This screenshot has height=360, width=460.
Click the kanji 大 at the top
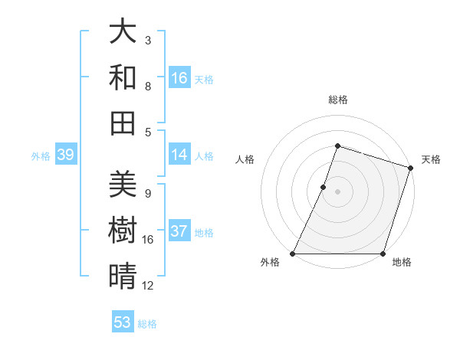click(123, 32)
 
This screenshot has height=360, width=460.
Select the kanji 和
click(123, 77)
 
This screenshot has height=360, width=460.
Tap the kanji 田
click(123, 123)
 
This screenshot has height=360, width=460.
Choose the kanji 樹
click(123, 230)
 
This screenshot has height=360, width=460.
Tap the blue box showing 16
click(179, 78)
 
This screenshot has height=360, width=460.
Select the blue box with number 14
click(179, 155)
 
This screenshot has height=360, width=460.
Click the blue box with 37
click(179, 232)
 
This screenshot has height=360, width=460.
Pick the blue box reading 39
click(65, 155)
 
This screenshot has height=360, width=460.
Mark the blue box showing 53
click(123, 322)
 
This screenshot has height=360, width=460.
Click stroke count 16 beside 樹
click(148, 240)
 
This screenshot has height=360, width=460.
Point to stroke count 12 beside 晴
click(148, 286)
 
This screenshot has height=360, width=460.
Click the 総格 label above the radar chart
click(337, 100)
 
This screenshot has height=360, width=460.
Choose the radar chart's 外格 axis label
click(270, 262)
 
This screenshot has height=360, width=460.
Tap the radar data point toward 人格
click(324, 187)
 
